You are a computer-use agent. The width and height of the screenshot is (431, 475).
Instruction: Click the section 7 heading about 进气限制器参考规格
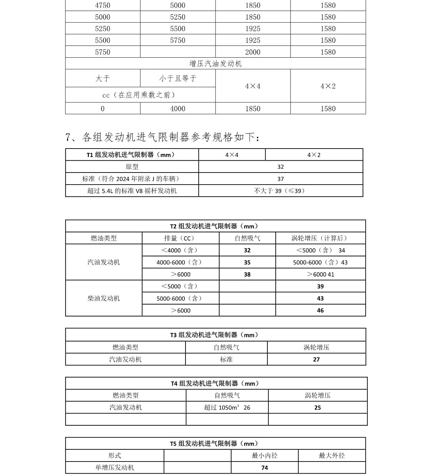[x=162, y=137]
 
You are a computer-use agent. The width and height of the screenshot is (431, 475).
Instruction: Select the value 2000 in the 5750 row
[x=253, y=52]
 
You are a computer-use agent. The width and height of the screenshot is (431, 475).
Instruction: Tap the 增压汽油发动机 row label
[x=215, y=63]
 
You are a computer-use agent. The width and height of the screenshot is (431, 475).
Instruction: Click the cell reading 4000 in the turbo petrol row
[x=177, y=108]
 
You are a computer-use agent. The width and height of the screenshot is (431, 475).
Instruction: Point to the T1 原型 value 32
[x=280, y=167]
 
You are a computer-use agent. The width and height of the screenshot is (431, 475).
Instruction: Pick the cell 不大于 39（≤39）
[x=280, y=191]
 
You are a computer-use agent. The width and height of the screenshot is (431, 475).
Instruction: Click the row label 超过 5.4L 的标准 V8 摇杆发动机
[x=132, y=191]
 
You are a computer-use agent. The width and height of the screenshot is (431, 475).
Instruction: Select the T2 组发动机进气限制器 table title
[x=215, y=226]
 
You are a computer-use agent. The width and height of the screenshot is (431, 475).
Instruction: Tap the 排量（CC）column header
[x=180, y=238]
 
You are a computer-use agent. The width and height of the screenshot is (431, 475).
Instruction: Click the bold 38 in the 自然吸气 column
[x=247, y=274]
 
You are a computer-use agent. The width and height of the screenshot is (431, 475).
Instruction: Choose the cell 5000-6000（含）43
[x=320, y=262]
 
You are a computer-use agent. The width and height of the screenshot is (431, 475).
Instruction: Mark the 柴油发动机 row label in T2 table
[x=103, y=298]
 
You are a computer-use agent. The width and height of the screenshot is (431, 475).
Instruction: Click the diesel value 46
[x=320, y=310]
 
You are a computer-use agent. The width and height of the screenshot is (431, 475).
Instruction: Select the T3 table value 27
[x=316, y=359]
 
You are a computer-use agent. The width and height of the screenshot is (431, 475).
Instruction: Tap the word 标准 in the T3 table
[x=226, y=359]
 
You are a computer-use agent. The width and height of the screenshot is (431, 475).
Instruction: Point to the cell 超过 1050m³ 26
[x=227, y=407]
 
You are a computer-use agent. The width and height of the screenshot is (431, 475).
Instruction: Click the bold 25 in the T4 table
[x=318, y=407]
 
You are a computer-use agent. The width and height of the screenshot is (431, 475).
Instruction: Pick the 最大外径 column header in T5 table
[x=332, y=455]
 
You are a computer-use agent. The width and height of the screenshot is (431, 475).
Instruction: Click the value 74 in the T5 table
[x=264, y=468]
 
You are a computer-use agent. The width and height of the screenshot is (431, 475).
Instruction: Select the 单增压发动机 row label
[x=114, y=468]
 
